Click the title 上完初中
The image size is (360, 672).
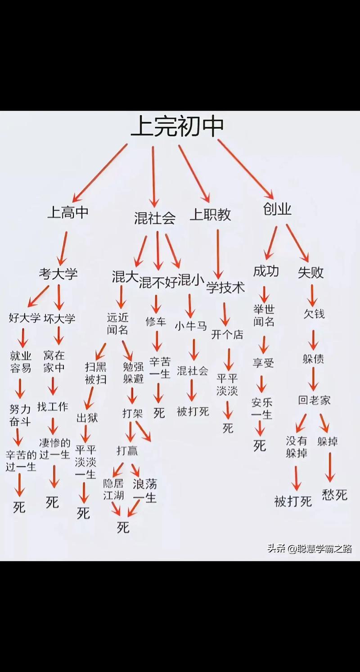177,126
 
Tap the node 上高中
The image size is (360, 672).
68,212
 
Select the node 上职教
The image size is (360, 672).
210,215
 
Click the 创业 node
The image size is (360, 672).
277,209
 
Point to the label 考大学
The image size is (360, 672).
58,274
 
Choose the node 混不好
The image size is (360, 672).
158,282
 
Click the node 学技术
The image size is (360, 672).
225,288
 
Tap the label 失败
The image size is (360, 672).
310,272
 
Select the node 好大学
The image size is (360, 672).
25,318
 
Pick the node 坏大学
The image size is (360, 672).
59,319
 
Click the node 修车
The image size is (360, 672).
156,322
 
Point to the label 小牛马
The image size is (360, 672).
191,326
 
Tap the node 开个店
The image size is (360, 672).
227,334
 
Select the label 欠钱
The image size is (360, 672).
314,314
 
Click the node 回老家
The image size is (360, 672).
314,400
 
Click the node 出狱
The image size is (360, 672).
87,418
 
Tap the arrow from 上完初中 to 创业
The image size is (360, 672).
246,170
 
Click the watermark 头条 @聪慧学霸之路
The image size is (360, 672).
310,549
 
